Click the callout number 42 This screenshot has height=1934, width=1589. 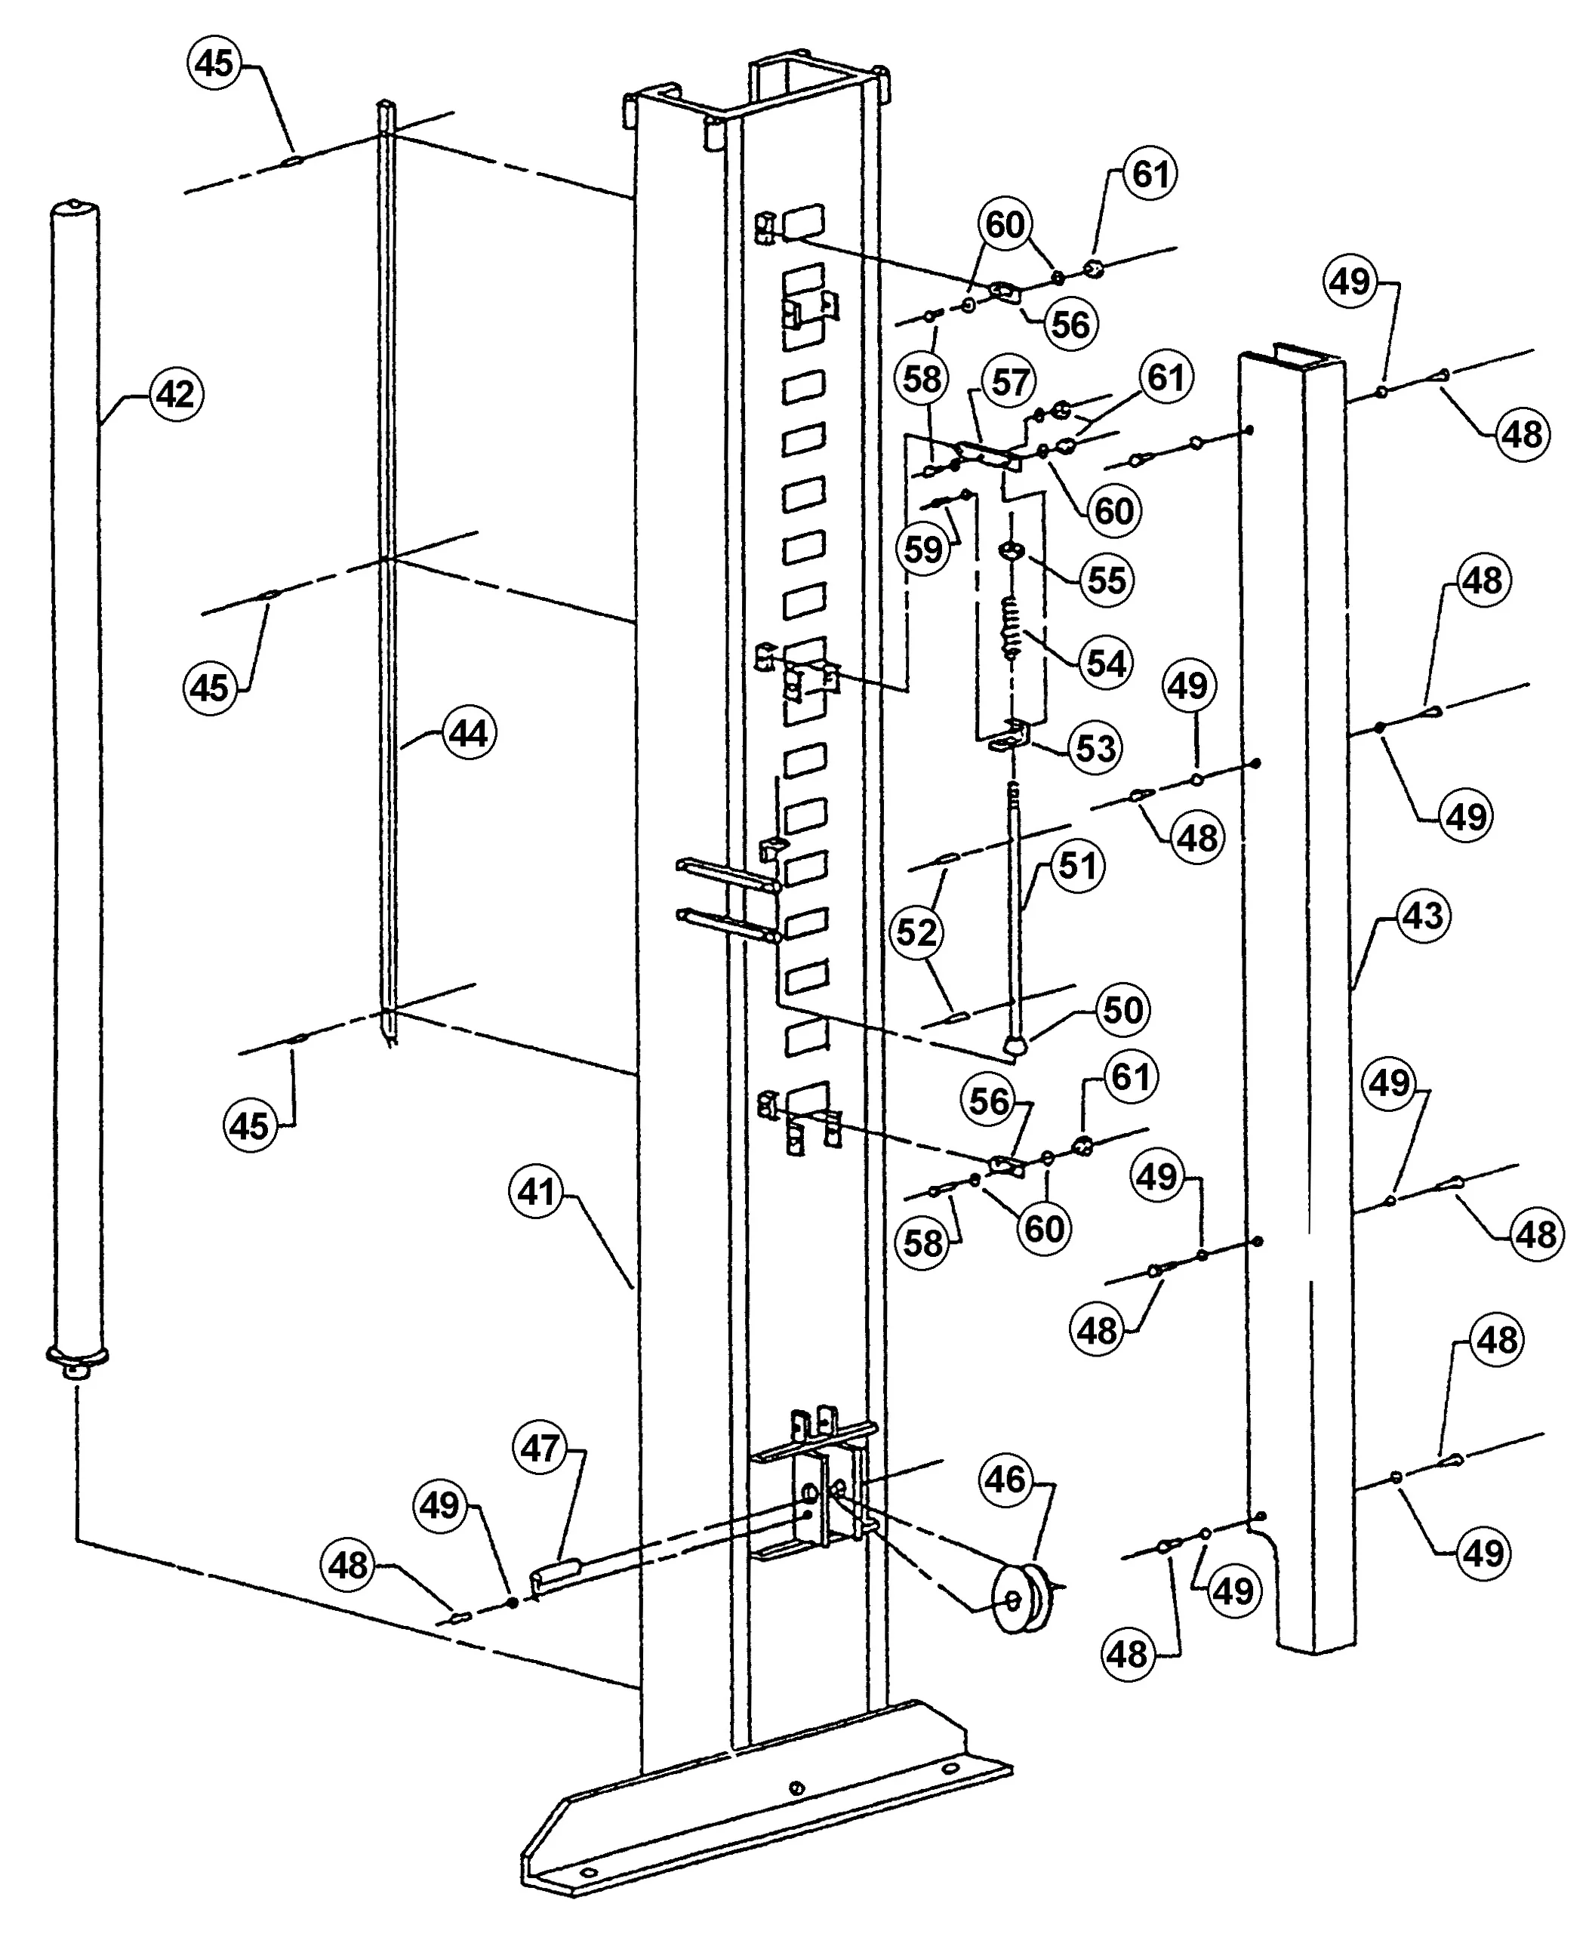[175, 395]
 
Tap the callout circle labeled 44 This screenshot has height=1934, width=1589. [469, 733]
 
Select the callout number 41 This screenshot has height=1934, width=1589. [537, 1192]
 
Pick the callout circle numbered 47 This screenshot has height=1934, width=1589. [540, 1448]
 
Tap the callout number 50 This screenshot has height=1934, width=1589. [1122, 1009]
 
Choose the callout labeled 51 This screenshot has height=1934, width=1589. [1077, 865]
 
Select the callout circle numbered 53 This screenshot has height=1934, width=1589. [1095, 748]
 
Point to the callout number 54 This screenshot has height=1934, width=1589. [1106, 663]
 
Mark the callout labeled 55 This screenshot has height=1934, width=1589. [1106, 580]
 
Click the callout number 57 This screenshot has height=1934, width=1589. [1009, 382]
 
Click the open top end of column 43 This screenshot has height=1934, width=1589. [1292, 357]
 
